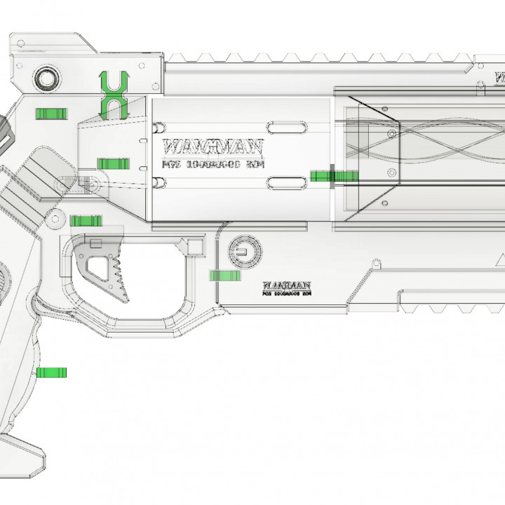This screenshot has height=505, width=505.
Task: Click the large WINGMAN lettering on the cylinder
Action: coord(213,147)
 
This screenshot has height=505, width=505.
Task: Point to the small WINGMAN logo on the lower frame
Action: coord(286,285)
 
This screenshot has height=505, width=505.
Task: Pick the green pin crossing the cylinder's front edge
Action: coord(333,175)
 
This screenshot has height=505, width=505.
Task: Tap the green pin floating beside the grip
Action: coord(51,372)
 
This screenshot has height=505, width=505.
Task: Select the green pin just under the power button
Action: coord(225,276)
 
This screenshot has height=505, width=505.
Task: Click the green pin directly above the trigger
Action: coord(86,221)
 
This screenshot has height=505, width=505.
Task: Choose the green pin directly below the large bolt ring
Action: coord(51,114)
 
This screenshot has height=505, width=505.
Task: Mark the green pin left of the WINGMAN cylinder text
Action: coord(112,163)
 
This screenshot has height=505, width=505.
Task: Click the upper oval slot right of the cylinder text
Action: coord(285,127)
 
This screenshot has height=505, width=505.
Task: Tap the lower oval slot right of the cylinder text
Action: coord(285,184)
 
